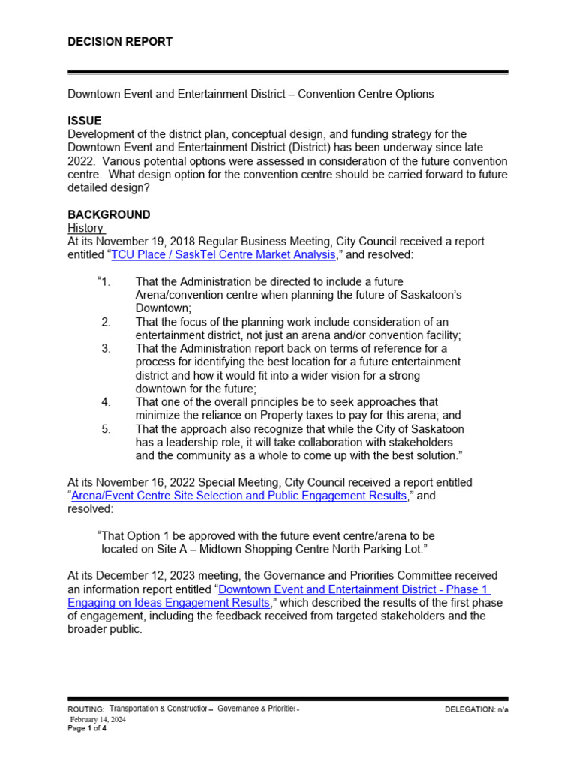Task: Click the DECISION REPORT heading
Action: [x=120, y=42]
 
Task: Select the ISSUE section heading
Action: [x=84, y=121]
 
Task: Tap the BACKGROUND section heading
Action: [x=109, y=214]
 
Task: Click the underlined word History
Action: [x=85, y=228]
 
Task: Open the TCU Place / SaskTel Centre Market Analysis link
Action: [x=223, y=255]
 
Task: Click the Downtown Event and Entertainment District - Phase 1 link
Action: [x=352, y=589]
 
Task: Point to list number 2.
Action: [x=106, y=322]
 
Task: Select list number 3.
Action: [x=106, y=349]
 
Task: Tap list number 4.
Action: [x=106, y=402]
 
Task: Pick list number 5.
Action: [x=106, y=429]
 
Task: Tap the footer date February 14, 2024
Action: [x=98, y=719]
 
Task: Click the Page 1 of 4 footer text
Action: [x=87, y=728]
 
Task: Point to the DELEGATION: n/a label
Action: [x=475, y=709]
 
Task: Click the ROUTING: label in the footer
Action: [x=86, y=709]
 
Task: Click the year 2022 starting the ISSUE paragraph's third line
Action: [x=81, y=161]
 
